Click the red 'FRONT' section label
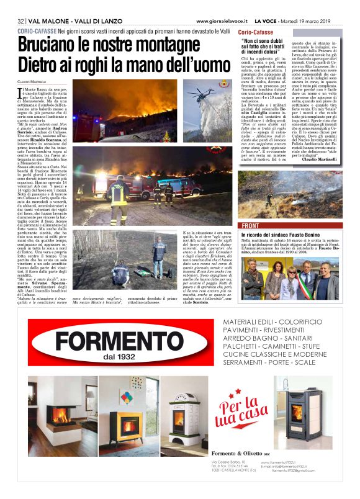pyautogui.click(x=251, y=225)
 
